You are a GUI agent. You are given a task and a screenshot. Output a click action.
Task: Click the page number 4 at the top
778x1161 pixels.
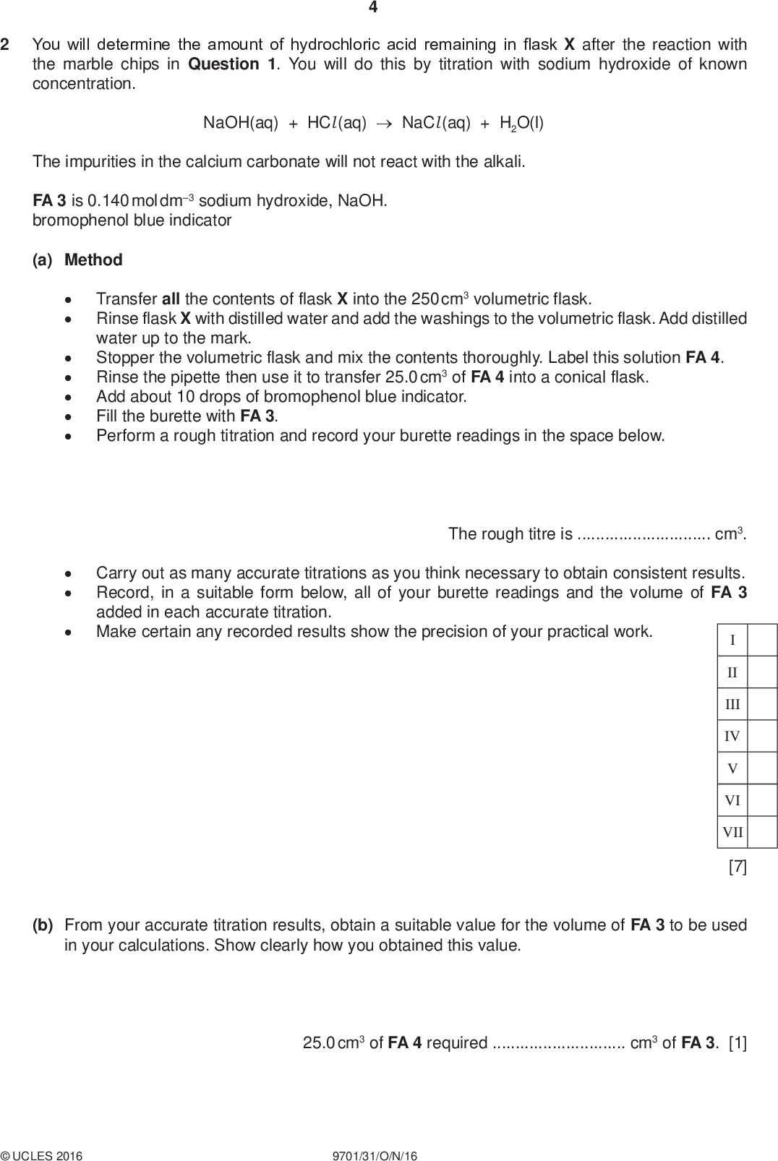tap(373, 8)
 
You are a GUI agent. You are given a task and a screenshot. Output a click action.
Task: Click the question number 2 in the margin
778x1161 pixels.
tap(5, 45)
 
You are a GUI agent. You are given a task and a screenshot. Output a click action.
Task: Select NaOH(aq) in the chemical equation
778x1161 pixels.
tap(241, 123)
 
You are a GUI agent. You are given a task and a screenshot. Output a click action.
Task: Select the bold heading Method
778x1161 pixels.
tap(93, 260)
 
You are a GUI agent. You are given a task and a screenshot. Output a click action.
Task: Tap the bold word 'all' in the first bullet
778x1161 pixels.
tap(171, 299)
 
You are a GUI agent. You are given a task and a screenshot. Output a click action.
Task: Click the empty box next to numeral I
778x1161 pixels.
tap(763, 640)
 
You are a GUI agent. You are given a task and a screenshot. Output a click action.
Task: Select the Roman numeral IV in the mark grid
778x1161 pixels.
tap(732, 737)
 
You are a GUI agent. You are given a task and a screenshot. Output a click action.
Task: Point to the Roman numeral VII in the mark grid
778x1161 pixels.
tap(732, 832)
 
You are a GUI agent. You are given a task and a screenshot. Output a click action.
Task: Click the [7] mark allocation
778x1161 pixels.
tap(738, 866)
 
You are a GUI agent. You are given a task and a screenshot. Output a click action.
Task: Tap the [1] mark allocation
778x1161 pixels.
tap(738, 1043)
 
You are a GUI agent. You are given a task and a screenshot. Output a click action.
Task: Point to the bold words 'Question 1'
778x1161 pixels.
tap(231, 64)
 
